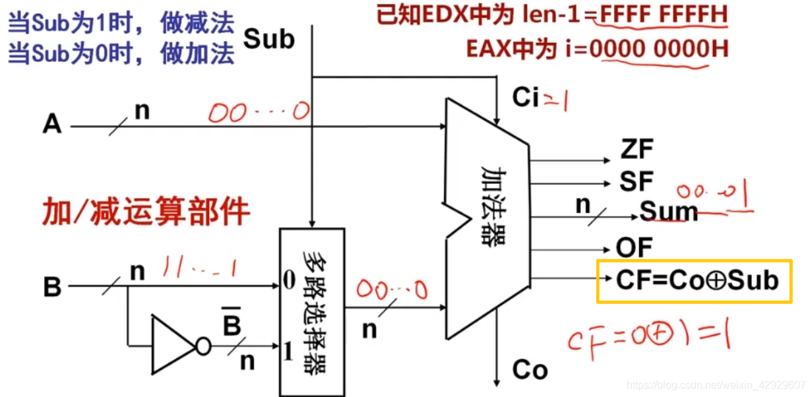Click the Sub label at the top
[x=269, y=39]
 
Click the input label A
[x=52, y=124]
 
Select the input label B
[x=52, y=288]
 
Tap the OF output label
[x=634, y=248]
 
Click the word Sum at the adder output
[x=668, y=212]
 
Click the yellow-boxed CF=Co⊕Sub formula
[x=695, y=281]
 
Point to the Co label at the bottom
[x=529, y=370]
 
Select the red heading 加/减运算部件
[x=146, y=212]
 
